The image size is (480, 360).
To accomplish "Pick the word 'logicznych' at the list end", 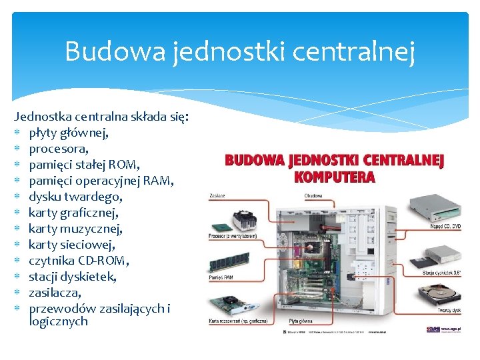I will pyautogui.click(x=59, y=321).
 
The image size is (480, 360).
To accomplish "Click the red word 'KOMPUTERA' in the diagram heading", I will pyautogui.click(x=335, y=177).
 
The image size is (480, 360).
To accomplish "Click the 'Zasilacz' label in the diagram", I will pyautogui.click(x=217, y=196).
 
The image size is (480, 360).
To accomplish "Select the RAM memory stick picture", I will pyautogui.click(x=230, y=262).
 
